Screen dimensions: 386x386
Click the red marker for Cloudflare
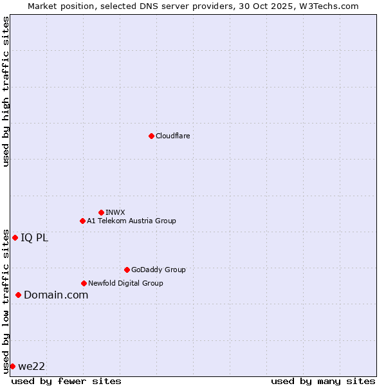coord(151,136)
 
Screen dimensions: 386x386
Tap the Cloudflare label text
coord(172,136)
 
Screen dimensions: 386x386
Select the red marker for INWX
coord(101,212)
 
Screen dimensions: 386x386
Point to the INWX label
coord(115,212)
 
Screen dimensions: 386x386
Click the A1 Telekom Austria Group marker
coord(82,221)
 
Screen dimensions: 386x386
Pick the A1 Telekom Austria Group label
coord(131,221)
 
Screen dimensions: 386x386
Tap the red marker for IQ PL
coord(15,237)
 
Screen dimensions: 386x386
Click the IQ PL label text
coord(34,237)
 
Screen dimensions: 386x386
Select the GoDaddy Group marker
coord(127,270)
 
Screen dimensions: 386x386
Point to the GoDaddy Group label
coord(158,270)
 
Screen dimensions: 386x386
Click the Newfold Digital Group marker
coord(84,283)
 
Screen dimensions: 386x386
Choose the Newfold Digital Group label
coord(125,283)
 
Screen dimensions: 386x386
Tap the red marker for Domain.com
coord(18,295)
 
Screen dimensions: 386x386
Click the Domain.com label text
coord(56,295)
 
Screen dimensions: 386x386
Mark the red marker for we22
coord(12,366)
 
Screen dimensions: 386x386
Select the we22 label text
coord(32,366)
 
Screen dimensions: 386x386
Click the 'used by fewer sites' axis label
coord(66,381)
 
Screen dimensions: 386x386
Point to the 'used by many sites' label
coord(323,381)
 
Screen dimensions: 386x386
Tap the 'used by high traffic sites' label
coord(6,92)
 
